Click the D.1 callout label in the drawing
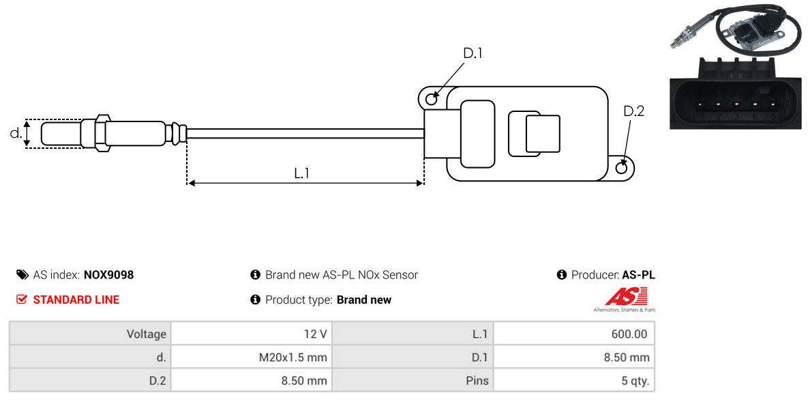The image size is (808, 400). [473, 53]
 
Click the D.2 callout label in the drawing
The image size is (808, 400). [633, 111]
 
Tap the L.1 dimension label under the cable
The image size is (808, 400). [302, 173]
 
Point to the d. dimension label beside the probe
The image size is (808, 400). [15, 133]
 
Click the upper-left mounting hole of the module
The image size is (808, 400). [431, 100]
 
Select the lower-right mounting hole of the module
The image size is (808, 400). [622, 168]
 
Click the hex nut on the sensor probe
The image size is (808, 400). [100, 133]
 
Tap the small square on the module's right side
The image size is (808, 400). [542, 133]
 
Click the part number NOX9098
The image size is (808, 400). [108, 275]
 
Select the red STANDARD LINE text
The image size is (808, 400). [76, 300]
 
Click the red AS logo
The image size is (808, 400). [625, 297]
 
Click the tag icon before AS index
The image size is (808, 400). [22, 275]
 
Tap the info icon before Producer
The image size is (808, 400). [562, 275]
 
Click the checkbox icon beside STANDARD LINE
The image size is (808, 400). [22, 300]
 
